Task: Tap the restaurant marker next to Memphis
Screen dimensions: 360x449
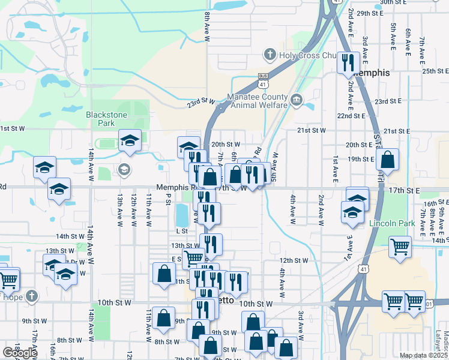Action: coord(348,62)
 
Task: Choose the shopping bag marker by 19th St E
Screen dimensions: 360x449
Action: coord(388,161)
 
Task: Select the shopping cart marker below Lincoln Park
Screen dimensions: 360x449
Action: coord(400,247)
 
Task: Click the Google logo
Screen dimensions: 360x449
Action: coord(19,353)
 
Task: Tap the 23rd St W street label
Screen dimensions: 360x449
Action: coord(200,103)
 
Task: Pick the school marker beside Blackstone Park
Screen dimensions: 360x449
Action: coord(130,142)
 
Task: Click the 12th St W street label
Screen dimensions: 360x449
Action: coord(294,260)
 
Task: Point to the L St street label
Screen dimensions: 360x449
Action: coord(182,230)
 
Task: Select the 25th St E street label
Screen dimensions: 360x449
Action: coord(436,71)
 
